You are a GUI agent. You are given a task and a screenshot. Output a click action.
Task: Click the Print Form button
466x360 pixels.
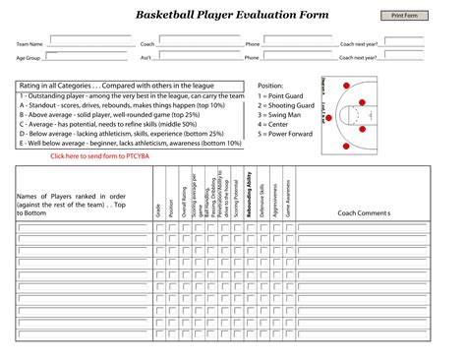tap(405, 16)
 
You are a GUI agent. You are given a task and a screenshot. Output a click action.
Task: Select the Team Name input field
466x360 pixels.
tap(89, 40)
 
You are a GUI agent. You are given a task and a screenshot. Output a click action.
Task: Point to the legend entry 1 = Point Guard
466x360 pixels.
tap(287, 95)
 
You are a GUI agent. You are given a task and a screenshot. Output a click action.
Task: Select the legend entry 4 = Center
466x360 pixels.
tap(278, 125)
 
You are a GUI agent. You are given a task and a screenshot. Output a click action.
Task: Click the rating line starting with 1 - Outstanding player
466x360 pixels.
tap(132, 95)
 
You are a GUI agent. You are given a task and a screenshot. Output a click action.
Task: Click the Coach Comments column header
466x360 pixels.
tap(364, 212)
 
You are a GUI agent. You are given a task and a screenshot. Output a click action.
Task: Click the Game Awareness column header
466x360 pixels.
tap(287, 198)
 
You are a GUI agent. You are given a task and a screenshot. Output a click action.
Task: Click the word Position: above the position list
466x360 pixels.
tap(270, 86)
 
